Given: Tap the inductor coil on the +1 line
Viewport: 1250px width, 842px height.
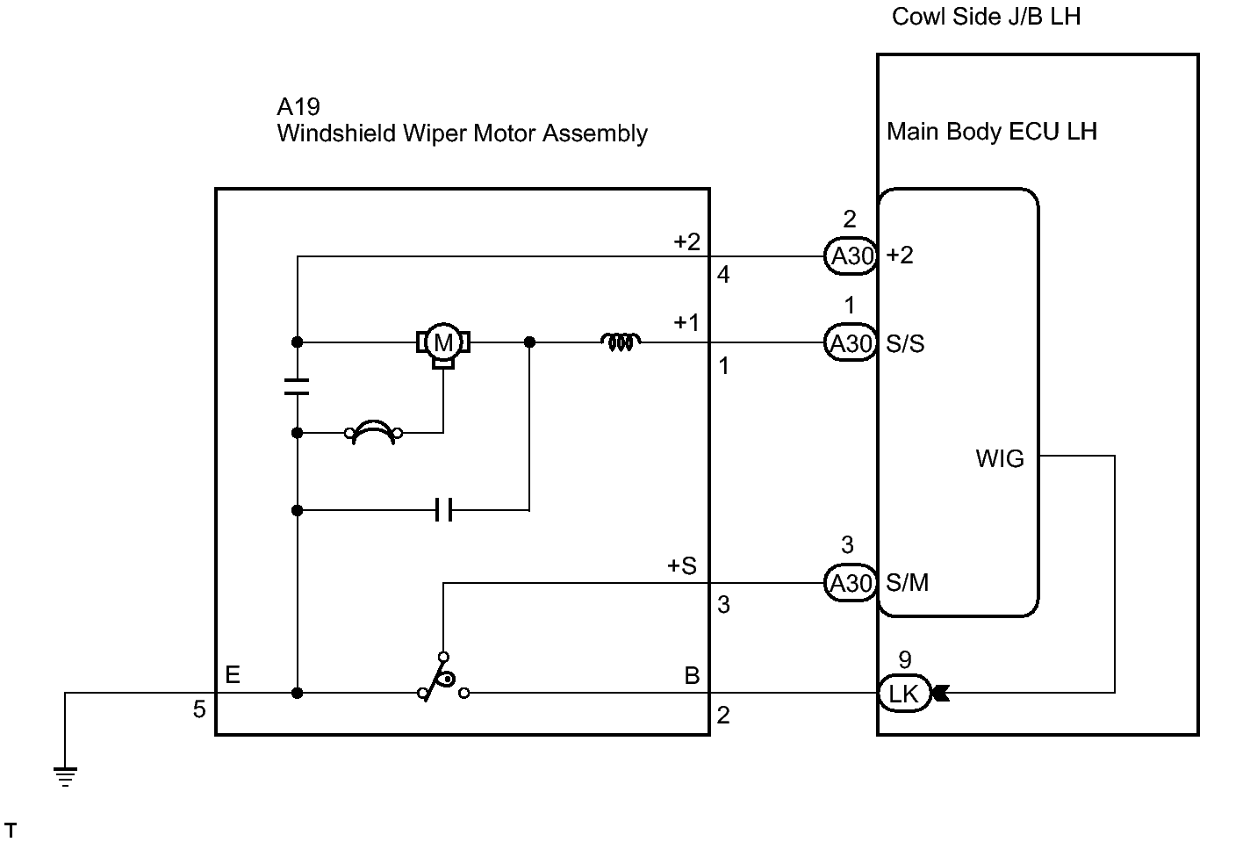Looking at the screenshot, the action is point(621,342).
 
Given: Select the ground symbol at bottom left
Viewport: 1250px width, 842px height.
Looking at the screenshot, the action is point(65,776).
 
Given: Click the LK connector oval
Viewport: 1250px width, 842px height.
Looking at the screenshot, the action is point(904,694).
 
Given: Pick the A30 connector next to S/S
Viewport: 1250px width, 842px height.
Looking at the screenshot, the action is point(851,342).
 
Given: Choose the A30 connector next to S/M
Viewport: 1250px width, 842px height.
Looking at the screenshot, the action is point(851,583).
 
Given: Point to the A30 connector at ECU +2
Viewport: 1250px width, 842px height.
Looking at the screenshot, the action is point(851,256).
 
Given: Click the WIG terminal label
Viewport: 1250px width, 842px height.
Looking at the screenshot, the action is point(1000,458).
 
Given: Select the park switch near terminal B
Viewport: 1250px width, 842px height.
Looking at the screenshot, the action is point(443,678).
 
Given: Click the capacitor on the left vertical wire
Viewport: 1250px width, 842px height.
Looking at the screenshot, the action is point(297,386).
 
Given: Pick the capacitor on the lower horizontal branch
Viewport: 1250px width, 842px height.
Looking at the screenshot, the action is point(443,510).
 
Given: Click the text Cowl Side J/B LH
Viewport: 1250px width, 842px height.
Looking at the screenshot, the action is point(986,17).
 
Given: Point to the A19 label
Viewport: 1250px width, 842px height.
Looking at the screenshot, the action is point(298,106).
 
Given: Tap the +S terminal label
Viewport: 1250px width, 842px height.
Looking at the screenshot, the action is point(682,565).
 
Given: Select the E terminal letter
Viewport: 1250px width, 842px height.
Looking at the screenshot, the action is point(233,675).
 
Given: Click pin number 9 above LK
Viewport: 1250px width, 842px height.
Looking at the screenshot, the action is point(904,660).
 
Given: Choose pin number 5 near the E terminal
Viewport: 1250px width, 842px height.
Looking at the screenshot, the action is point(199,709).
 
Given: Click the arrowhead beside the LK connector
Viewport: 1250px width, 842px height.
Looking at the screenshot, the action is point(940,694).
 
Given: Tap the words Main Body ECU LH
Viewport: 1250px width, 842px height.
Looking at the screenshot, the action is point(992,132).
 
